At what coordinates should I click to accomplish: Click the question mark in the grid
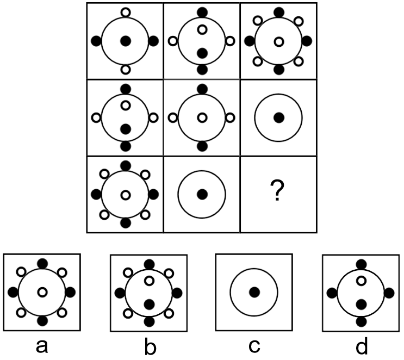[x=278, y=194]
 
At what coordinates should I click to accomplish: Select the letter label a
[x=41, y=345]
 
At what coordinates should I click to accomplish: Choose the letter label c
[x=254, y=345]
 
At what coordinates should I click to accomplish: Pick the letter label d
[x=361, y=345]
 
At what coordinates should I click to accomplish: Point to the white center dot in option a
[x=42, y=293]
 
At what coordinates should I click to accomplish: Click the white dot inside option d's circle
[x=361, y=281]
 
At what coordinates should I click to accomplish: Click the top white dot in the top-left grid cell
[x=125, y=12]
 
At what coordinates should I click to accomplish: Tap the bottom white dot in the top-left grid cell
[x=125, y=69]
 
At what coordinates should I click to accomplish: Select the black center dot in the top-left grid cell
[x=125, y=40]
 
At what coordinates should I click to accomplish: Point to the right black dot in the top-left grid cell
[x=153, y=40]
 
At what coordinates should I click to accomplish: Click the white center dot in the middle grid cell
[x=202, y=117]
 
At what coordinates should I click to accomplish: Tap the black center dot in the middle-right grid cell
[x=278, y=117]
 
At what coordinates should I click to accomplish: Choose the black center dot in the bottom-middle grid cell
[x=202, y=194]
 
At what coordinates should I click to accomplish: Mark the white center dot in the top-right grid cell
[x=278, y=41]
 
